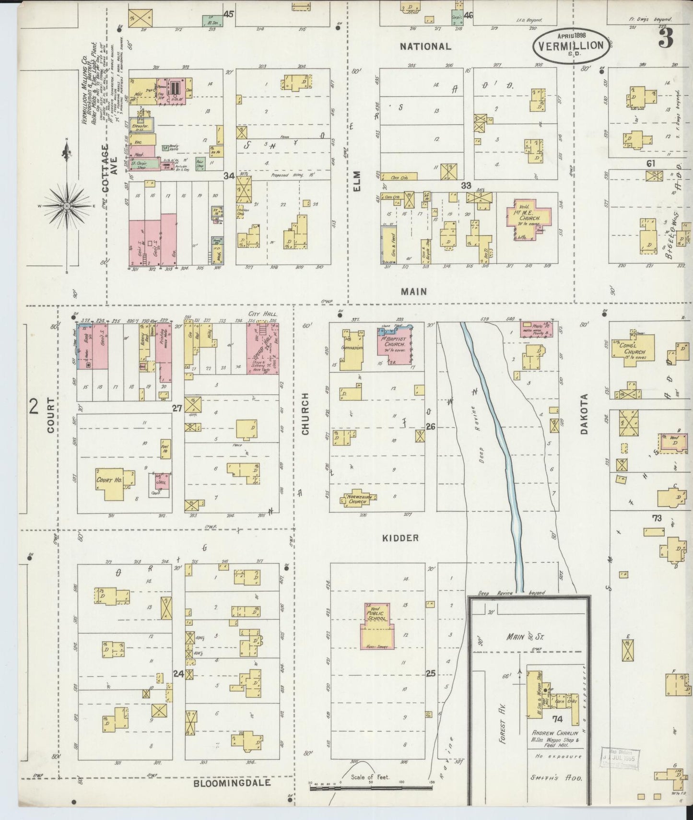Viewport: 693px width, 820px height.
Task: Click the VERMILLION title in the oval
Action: point(571,46)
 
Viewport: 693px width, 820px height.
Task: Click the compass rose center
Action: point(67,206)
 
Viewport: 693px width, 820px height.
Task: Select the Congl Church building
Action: point(634,352)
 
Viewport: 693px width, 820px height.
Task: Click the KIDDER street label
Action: point(400,538)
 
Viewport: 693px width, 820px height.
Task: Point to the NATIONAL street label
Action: point(425,47)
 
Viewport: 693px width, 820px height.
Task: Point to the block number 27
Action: point(177,408)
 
